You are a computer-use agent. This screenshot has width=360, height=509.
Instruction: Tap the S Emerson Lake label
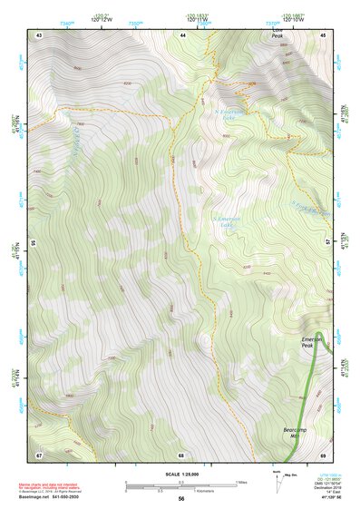225,222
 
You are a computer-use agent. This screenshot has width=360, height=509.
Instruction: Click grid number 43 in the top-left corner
39,34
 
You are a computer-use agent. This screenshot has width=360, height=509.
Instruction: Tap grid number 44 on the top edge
182,34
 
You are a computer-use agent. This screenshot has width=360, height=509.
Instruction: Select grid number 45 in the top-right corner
324,34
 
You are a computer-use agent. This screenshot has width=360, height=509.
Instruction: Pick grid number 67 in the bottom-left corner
39,454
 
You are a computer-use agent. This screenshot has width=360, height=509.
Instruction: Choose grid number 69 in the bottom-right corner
324,454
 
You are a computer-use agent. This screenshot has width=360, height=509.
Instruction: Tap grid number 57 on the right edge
330,243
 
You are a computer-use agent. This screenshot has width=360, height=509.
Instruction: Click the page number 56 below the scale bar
181,498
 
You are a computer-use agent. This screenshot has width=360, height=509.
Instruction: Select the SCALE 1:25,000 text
181,474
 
